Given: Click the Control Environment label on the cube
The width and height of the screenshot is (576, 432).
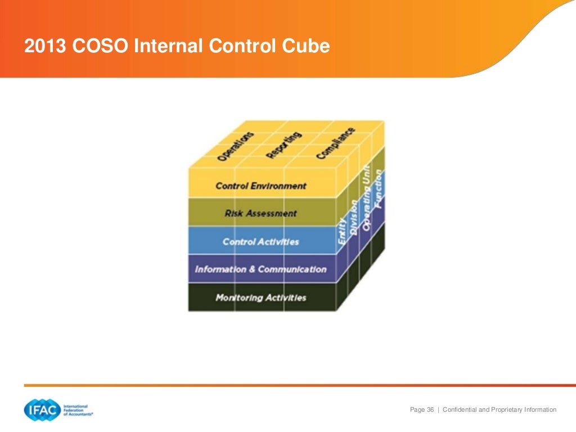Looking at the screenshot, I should pyautogui.click(x=261, y=186).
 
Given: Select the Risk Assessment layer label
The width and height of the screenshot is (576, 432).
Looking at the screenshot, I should pyautogui.click(x=260, y=214).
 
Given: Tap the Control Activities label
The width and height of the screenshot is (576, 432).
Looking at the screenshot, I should pyautogui.click(x=261, y=242).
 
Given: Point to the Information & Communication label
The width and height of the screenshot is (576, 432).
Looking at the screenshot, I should pyautogui.click(x=260, y=269).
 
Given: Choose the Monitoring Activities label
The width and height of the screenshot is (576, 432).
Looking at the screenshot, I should pyautogui.click(x=261, y=298).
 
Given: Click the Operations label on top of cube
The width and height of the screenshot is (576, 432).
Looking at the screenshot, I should pyautogui.click(x=236, y=147).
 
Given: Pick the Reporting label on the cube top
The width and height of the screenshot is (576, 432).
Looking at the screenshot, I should pyautogui.click(x=284, y=145).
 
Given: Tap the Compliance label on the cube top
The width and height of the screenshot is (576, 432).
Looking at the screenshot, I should pyautogui.click(x=336, y=143).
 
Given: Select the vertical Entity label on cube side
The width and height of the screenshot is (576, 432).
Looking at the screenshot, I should pyautogui.click(x=342, y=231).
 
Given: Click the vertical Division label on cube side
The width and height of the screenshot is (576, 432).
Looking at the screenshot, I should pyautogui.click(x=353, y=217).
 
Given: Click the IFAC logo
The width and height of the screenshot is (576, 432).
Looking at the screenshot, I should pyautogui.click(x=42, y=409).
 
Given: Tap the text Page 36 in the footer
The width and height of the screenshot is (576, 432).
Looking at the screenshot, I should pyautogui.click(x=422, y=409).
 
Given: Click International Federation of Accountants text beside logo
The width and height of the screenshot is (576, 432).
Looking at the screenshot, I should pyautogui.click(x=78, y=409).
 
